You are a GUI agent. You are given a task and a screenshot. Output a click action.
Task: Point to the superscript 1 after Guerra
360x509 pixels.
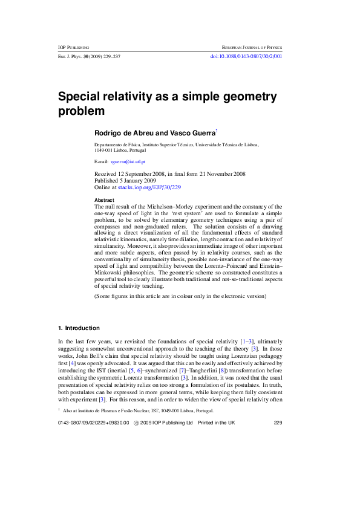[217, 130]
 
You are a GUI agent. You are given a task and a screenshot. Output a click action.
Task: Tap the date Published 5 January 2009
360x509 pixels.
[125, 181]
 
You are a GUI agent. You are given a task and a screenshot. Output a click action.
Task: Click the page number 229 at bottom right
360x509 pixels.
[278, 474]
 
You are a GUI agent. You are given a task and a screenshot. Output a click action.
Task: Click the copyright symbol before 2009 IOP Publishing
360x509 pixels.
[137, 474]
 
